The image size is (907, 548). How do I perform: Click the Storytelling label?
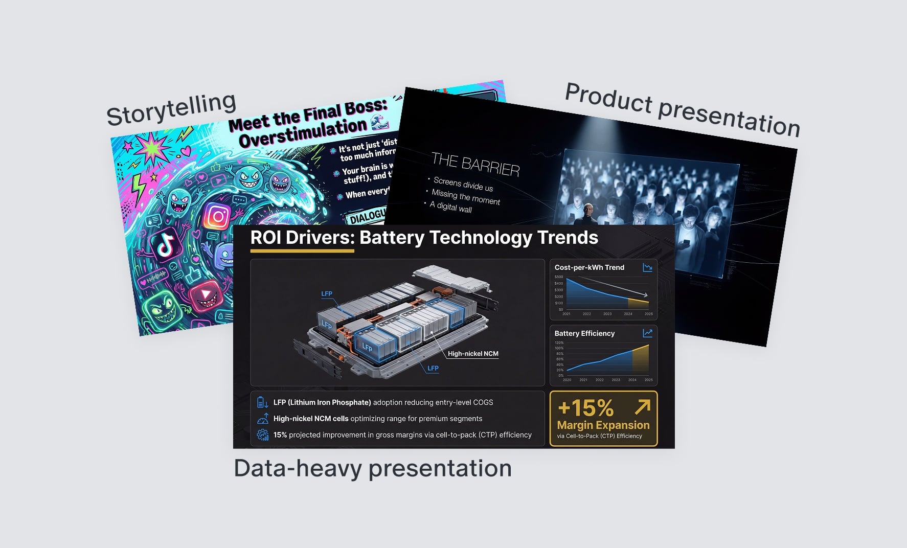coord(171,108)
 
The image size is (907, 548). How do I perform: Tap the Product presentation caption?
coord(682,109)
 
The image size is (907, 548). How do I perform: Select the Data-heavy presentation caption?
coord(372,468)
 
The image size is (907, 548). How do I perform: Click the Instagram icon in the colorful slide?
coord(218,216)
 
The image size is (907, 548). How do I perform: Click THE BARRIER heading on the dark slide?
coord(475,165)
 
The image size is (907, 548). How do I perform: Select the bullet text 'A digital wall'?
coord(450,207)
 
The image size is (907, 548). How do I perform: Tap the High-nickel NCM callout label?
coord(473,354)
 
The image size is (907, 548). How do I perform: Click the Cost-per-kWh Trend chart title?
coord(589,267)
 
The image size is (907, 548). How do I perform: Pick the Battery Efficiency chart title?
coord(584,333)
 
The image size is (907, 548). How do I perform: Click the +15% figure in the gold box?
coord(585,408)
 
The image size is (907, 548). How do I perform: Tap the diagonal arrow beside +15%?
coord(642,407)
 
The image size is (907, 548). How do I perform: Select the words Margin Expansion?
coord(603,425)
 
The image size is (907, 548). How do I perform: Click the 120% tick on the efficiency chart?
coord(559,343)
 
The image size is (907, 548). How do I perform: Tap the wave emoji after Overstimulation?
coord(379,123)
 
